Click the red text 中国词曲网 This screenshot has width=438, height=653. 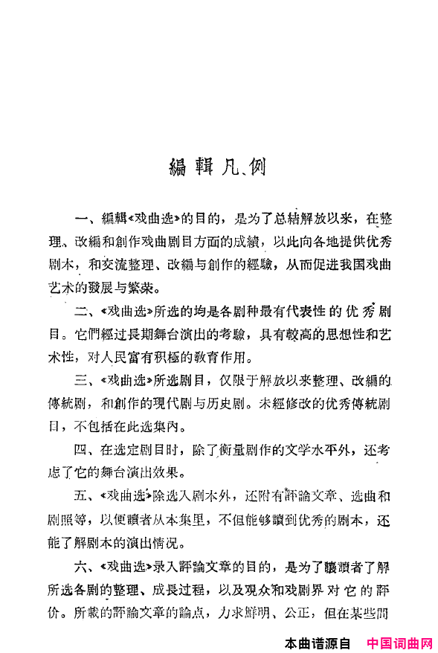pos(399,643)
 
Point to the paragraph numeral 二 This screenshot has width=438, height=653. pos(82,309)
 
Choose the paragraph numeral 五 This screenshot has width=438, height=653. pos(82,496)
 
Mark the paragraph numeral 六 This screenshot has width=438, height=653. pos(82,567)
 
